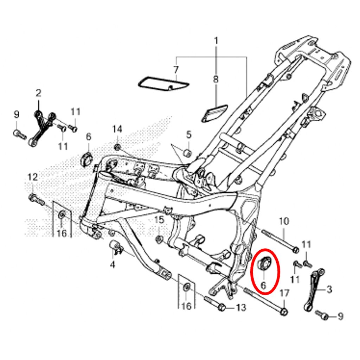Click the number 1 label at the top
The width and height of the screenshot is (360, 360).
click(x=216, y=41)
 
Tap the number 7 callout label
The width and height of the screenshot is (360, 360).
click(x=176, y=69)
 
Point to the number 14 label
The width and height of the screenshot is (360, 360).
click(x=117, y=129)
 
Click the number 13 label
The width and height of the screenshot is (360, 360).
click(x=241, y=307)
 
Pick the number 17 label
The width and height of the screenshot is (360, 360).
click(x=284, y=294)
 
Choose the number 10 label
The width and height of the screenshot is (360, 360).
click(x=284, y=221)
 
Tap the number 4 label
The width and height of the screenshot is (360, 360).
click(x=112, y=265)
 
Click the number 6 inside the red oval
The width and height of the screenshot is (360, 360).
click(x=263, y=285)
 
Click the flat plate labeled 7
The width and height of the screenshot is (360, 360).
click(x=163, y=83)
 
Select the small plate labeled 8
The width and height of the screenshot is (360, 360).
click(x=214, y=112)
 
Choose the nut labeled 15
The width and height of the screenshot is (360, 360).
click(x=159, y=239)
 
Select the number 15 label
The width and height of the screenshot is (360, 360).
click(x=159, y=220)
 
